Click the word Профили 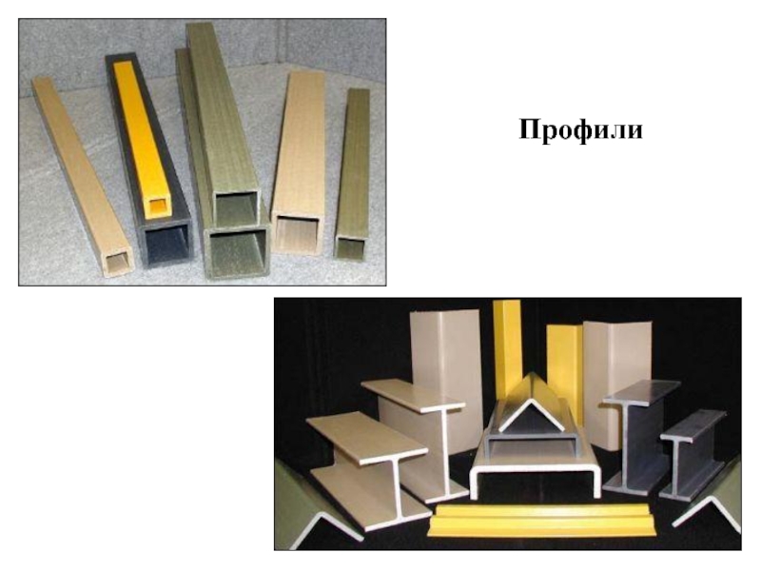[x=580, y=130]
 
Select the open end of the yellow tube [x=159, y=207]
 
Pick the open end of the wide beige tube [x=298, y=234]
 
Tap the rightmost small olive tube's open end [x=350, y=247]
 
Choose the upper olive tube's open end [x=236, y=208]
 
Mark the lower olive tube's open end [x=238, y=252]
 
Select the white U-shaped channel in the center [x=534, y=468]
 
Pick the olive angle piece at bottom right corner [x=713, y=501]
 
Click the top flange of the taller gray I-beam [x=641, y=392]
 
